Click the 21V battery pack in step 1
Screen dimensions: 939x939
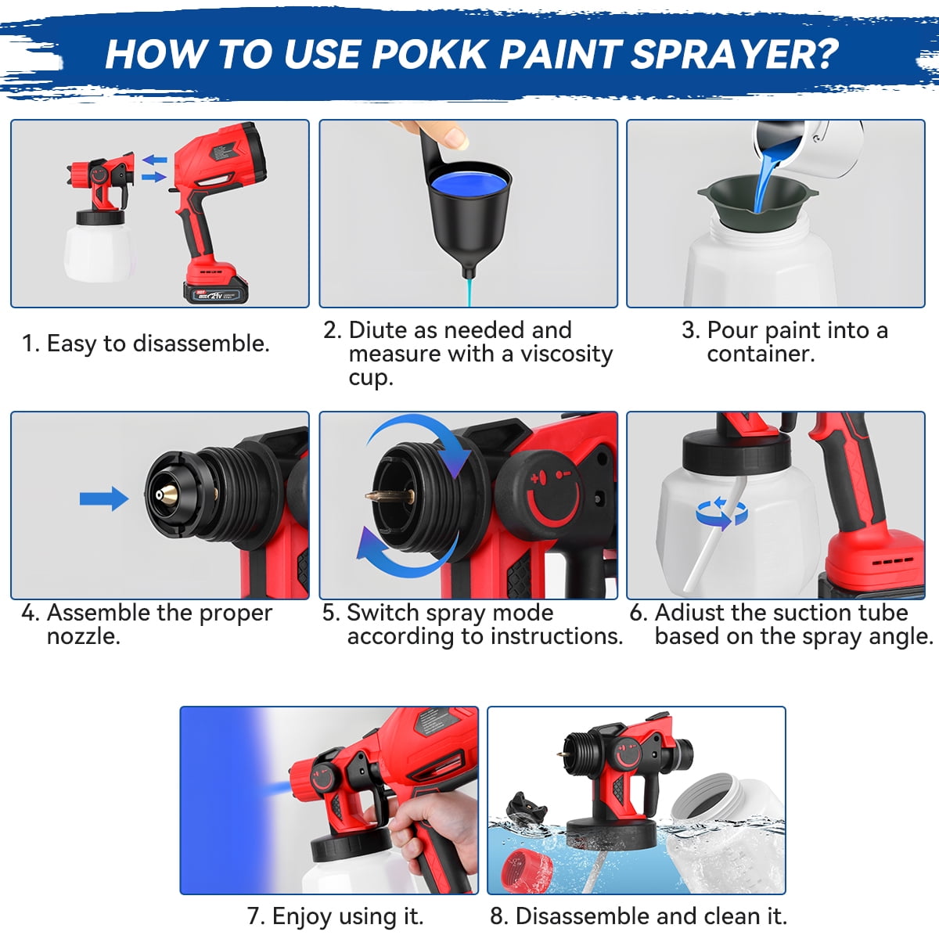click(x=215, y=292)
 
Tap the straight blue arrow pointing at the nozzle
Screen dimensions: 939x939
click(x=104, y=498)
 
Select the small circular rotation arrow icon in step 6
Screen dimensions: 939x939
click(x=721, y=513)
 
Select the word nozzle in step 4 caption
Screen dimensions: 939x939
click(x=83, y=636)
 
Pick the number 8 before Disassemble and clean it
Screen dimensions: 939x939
click(x=497, y=916)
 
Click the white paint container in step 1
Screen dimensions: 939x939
click(x=99, y=250)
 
